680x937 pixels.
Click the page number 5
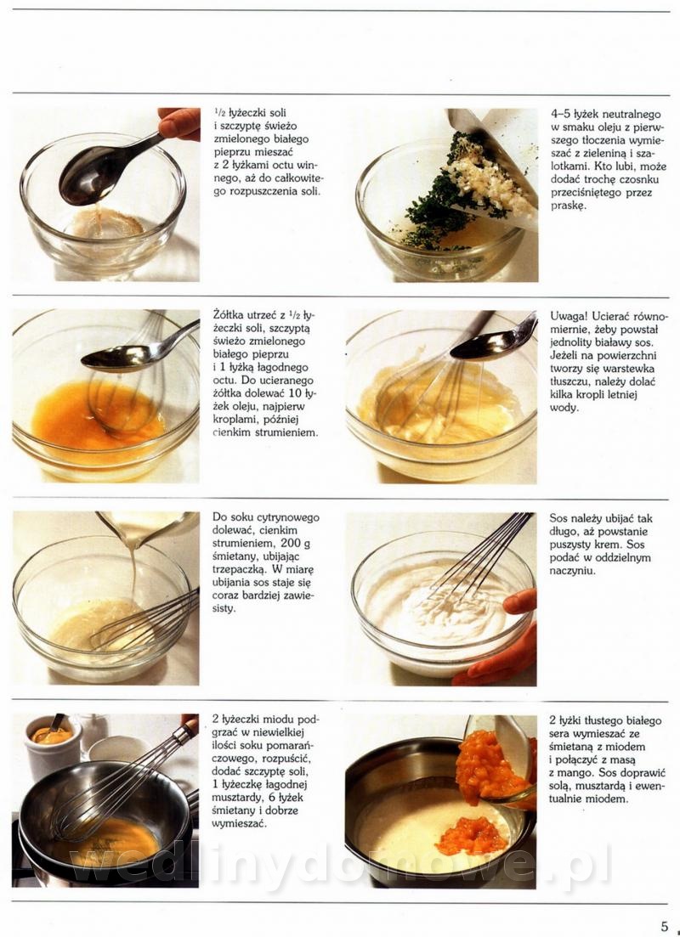pos(665,926)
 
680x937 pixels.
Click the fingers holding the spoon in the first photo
pos(180,124)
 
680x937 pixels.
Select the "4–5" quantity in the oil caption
pos(560,114)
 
